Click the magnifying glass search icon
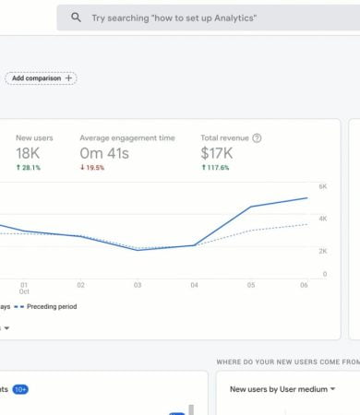76,18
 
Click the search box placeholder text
174,18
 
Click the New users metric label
34,137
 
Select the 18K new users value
29,152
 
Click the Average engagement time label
126,137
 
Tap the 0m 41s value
104,152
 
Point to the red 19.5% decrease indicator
94,167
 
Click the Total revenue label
224,137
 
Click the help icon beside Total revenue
257,137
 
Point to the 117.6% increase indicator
217,167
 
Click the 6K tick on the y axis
323,186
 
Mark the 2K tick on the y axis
323,251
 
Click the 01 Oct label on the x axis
24,289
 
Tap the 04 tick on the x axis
194,285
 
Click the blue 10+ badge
20,389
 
